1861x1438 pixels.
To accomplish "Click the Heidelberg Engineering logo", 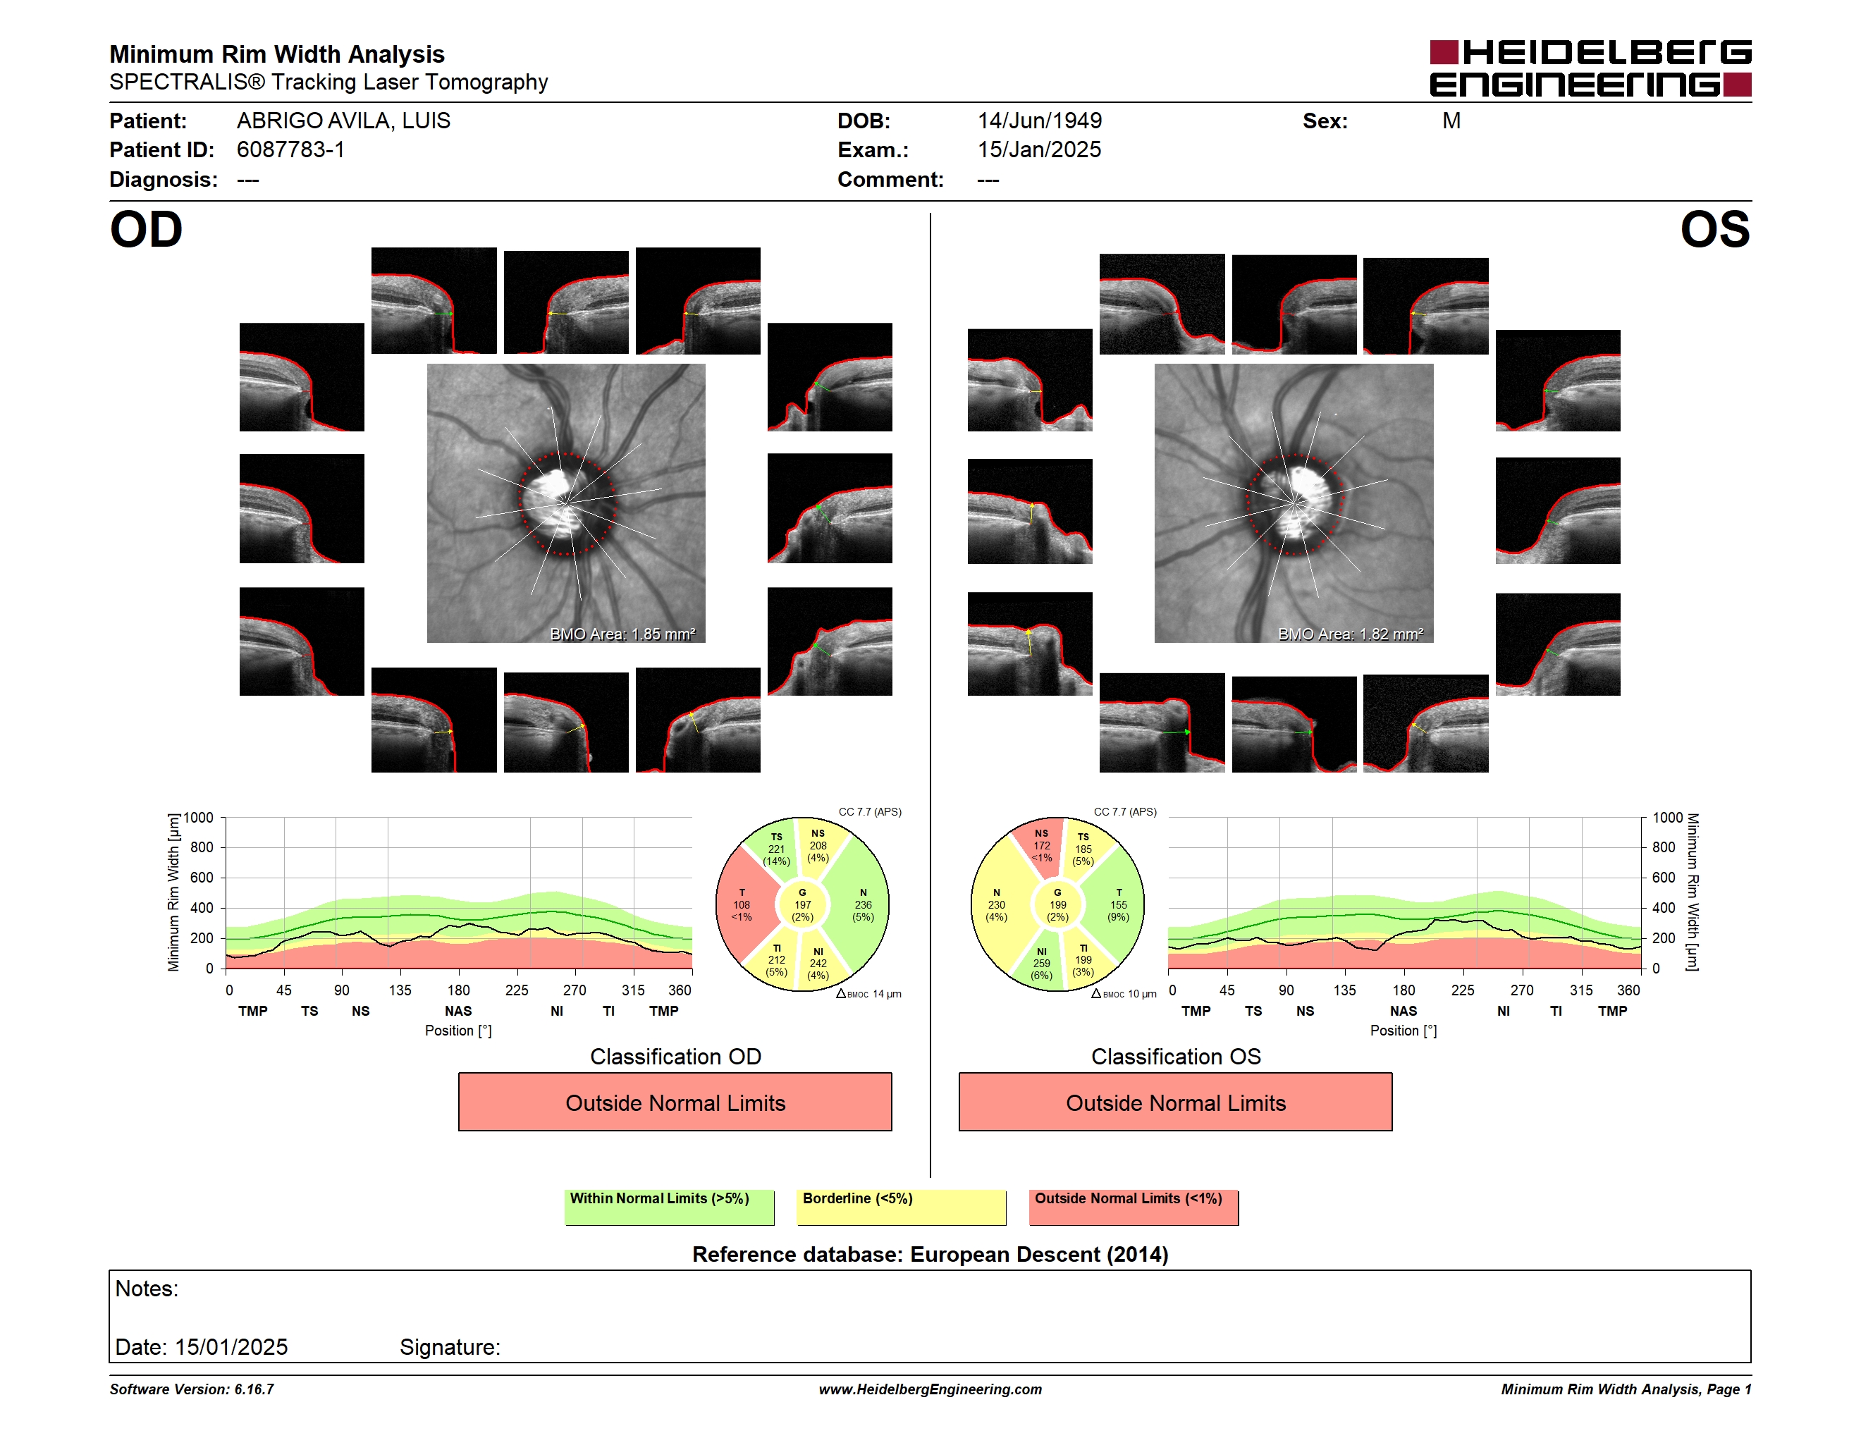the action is [1590, 68].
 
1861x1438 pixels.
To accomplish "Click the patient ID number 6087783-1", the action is [290, 150].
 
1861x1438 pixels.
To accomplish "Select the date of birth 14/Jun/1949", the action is [1040, 121].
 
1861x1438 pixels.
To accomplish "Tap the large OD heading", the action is [147, 230].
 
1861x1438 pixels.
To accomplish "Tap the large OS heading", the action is [1714, 230].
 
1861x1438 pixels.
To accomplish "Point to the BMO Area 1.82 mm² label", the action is [1351, 634].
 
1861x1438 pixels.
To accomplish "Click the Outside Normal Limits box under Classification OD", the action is [675, 1102].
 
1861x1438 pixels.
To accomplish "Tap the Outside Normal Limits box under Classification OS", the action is [1175, 1102].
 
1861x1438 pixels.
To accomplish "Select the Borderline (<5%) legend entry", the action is [902, 1207].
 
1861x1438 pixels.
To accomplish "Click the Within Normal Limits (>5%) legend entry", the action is [669, 1207].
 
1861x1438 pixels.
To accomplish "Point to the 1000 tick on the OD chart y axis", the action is [199, 818].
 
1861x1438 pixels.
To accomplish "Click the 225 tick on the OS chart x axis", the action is [1462, 990].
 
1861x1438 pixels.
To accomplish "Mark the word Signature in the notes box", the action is [449, 1348].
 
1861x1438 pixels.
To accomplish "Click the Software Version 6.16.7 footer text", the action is [192, 1389].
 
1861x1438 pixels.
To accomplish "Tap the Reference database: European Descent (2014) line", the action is [930, 1255].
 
